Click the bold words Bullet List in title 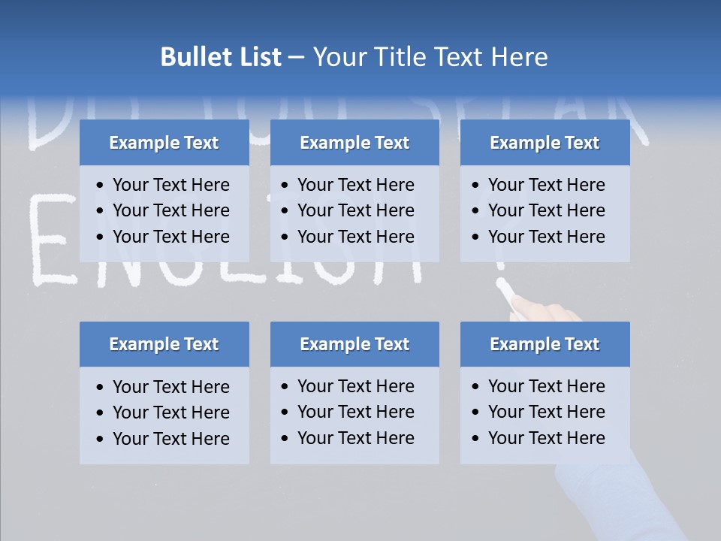[221, 57]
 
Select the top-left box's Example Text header [164, 143]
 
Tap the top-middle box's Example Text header [354, 143]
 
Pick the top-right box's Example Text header [545, 143]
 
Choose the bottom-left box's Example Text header [164, 344]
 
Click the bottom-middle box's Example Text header [354, 344]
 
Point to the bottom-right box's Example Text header [545, 344]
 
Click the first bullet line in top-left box [170, 185]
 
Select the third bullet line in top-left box [170, 237]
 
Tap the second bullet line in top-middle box [355, 210]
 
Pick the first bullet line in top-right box [546, 185]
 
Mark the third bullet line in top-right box [546, 237]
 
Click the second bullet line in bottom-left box [170, 413]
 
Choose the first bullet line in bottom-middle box [355, 386]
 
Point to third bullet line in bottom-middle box [355, 438]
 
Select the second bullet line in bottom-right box [546, 412]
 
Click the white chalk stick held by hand [505, 289]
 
